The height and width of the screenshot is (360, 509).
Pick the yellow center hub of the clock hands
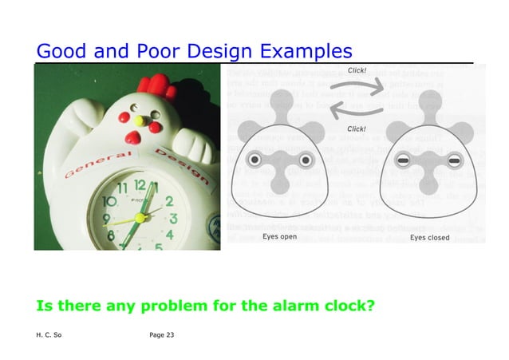coord(140,216)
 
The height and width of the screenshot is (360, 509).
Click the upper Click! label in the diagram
coord(357,70)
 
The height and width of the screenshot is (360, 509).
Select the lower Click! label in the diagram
coord(357,129)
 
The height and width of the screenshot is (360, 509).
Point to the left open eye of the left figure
coord(254,160)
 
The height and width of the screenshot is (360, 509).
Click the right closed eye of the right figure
coord(455,161)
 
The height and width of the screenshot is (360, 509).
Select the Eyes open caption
coord(280,237)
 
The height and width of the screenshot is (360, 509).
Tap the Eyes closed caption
coord(429,237)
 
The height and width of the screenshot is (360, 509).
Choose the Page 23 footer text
coord(162,334)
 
